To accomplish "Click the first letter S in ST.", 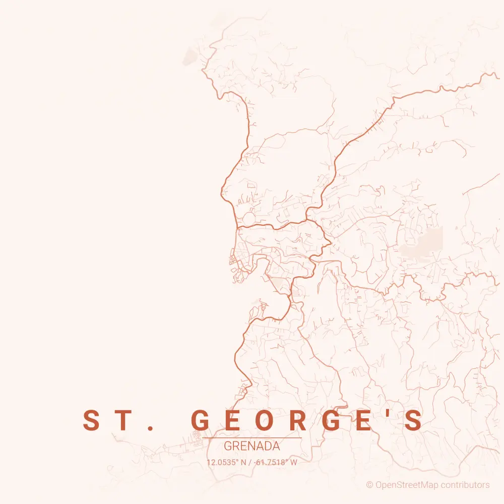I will pos(92,421).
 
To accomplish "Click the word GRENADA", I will pos(252,447).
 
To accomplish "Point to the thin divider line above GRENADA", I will pos(252,438).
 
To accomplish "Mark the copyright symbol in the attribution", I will pos(369,485).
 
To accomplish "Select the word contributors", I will pos(465,485).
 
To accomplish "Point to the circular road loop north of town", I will pos(248,219).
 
